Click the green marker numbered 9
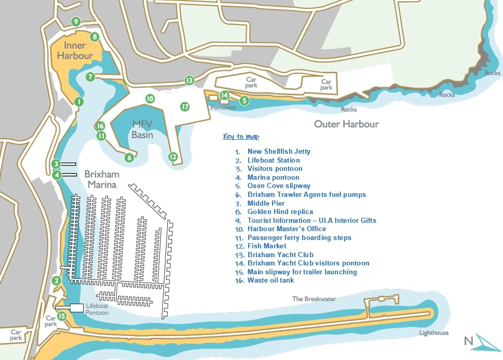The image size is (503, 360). (76, 22)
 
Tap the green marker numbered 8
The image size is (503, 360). (94, 37)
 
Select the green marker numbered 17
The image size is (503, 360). (185, 107)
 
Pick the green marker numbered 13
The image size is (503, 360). (189, 80)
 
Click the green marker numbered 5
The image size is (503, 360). (244, 101)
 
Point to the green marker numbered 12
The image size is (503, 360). (173, 157)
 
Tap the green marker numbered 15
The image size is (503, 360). (62, 316)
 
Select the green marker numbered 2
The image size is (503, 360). (57, 281)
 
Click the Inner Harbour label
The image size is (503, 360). (75, 51)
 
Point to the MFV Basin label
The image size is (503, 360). (143, 130)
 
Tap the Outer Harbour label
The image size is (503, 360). (346, 124)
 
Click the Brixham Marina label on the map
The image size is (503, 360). (102, 179)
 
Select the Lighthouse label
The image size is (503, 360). (434, 333)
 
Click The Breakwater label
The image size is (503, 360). (314, 299)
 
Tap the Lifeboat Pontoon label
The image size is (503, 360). (98, 309)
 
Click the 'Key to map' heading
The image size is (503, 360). (241, 137)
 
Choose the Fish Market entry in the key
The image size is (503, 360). (267, 246)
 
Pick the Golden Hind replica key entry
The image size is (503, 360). (280, 211)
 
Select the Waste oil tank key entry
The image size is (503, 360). (270, 280)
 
